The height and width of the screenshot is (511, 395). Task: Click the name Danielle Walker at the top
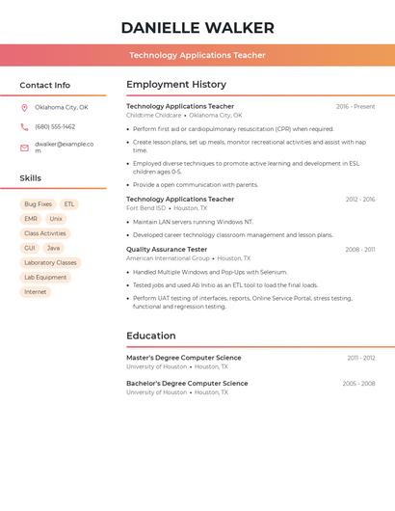(197, 28)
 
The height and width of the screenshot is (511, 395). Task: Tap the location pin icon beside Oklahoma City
(24, 108)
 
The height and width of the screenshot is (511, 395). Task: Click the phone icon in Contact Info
(24, 126)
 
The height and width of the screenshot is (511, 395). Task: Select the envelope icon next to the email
(24, 148)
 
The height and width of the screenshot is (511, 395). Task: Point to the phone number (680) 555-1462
(55, 126)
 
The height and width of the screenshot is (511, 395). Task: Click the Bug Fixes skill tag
(38, 204)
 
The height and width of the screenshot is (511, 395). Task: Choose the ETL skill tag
(69, 204)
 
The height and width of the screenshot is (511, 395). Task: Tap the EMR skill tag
(31, 219)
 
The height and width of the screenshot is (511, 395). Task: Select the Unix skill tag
(56, 219)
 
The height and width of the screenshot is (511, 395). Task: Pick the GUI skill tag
(30, 248)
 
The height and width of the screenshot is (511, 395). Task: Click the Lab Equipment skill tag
(45, 277)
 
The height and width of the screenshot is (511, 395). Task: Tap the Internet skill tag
(35, 291)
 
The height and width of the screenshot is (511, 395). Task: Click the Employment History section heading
(176, 85)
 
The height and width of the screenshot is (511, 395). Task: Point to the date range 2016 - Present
(355, 106)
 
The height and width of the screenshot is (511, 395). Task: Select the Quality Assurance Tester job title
(167, 250)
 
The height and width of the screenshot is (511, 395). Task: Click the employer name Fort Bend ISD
(146, 208)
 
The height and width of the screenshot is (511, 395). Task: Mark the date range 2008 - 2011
(360, 250)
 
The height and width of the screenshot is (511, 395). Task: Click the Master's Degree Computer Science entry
(184, 358)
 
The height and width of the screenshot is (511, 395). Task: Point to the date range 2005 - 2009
(358, 384)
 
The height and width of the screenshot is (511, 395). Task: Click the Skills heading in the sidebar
(31, 178)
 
